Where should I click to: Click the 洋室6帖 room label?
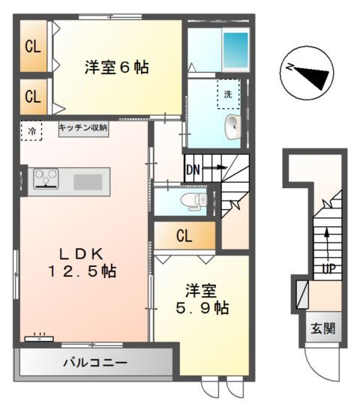[x=115, y=67]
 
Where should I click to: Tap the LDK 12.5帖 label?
[x=82, y=260]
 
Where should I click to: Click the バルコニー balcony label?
[x=94, y=363]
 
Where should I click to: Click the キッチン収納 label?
[x=83, y=127]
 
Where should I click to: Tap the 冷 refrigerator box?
[x=31, y=130]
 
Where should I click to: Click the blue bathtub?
[x=236, y=52]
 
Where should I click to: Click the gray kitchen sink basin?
[x=88, y=181]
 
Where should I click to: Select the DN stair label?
[x=193, y=169]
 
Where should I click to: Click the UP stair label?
[x=328, y=268]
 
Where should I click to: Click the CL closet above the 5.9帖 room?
[x=184, y=236]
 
